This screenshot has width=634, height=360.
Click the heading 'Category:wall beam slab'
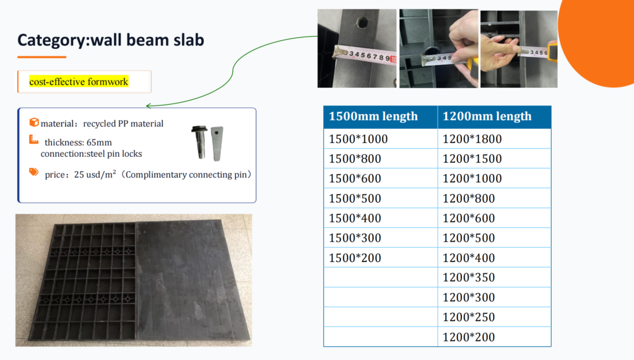(110, 40)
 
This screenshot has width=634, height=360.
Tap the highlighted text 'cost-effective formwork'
(79, 82)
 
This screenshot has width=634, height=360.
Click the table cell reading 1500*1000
(381, 139)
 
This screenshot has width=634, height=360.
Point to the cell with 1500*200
(381, 258)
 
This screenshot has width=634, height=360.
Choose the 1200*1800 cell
(494, 139)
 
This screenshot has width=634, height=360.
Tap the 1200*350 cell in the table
(494, 278)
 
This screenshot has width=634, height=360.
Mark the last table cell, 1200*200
(494, 337)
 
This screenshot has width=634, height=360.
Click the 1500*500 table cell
(381, 198)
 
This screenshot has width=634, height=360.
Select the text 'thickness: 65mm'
(78, 143)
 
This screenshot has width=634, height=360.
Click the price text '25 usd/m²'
(95, 174)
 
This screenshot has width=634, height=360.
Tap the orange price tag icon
(34, 172)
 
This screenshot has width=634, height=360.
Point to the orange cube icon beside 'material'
(34, 121)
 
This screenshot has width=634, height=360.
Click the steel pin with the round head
(200, 141)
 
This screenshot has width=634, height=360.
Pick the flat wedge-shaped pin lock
(217, 144)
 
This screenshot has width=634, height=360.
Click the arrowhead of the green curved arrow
(148, 106)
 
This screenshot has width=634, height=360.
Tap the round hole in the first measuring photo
(362, 22)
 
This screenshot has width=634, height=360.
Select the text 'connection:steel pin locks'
(92, 154)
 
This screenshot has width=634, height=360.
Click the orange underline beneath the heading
(41, 57)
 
